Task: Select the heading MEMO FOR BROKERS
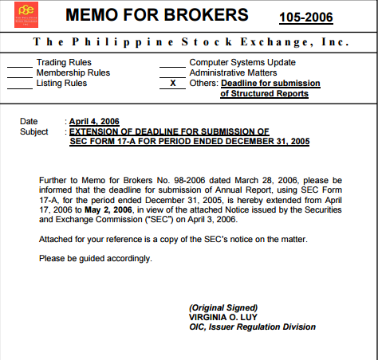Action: click(x=156, y=16)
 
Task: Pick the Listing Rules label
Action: click(x=61, y=83)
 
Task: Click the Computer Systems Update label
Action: click(x=242, y=62)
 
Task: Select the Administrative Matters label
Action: click(x=238, y=72)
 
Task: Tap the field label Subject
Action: click(x=34, y=131)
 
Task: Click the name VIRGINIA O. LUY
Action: click(x=222, y=316)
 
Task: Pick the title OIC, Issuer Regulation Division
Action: click(x=252, y=327)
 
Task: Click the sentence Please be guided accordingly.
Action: click(x=95, y=258)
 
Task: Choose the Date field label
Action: click(x=29, y=122)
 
